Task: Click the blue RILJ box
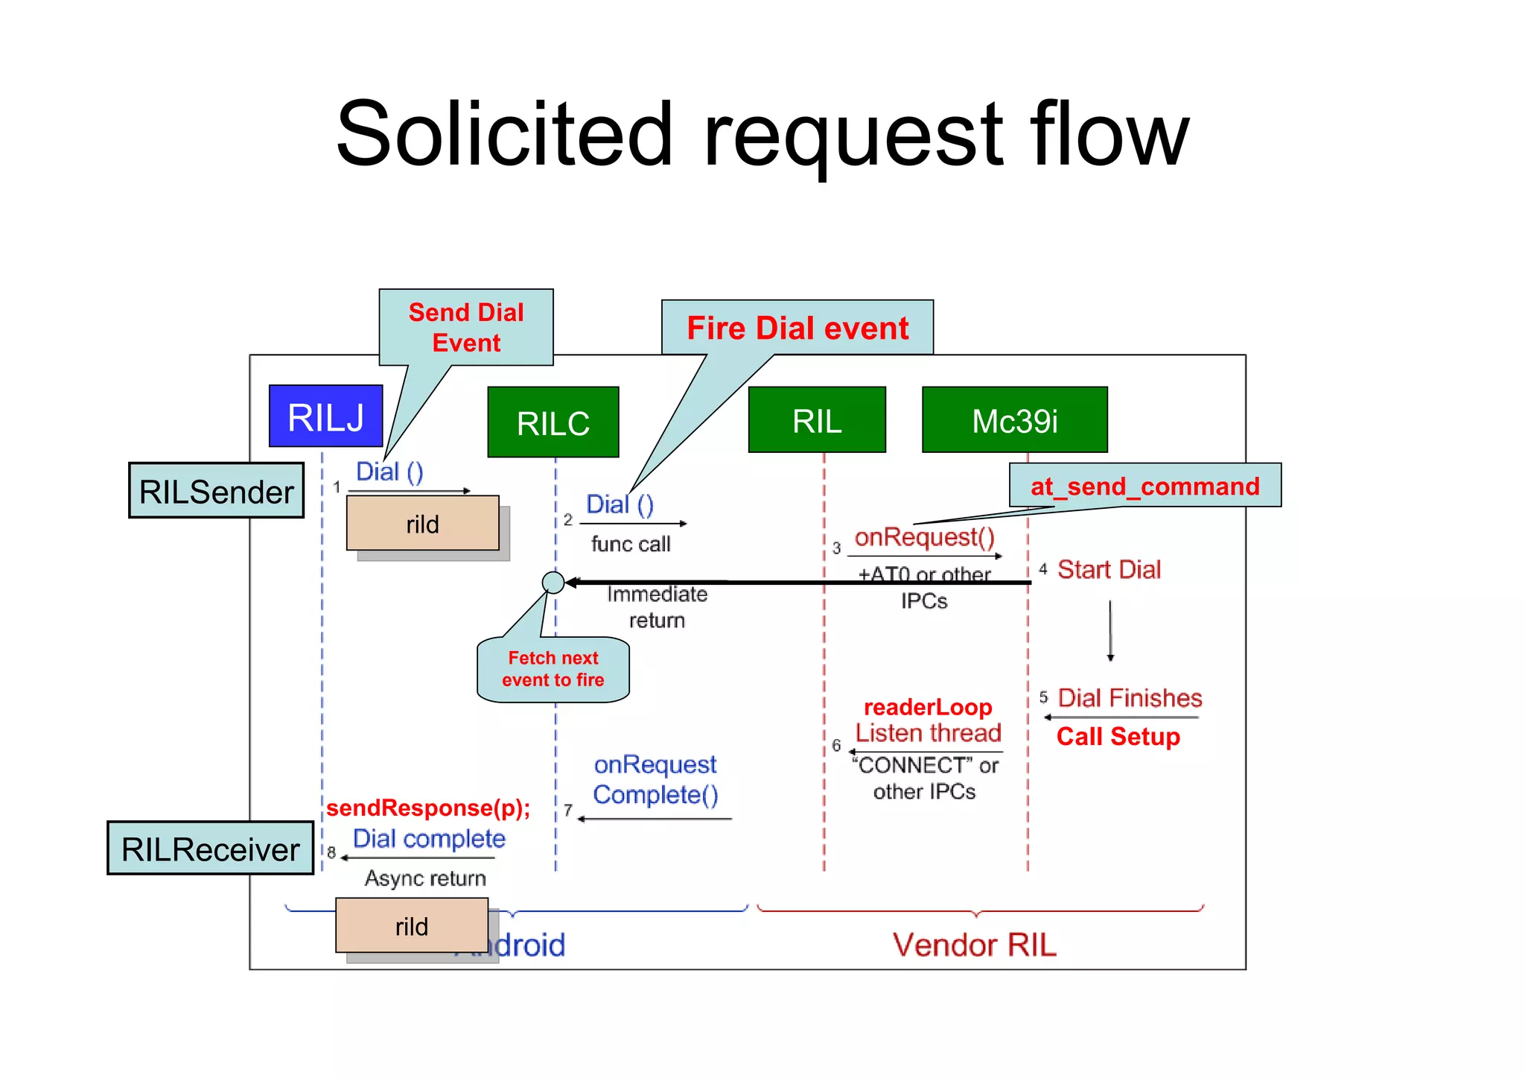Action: click(325, 416)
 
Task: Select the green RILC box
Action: click(553, 422)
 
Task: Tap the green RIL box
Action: click(817, 420)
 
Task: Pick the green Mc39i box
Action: click(1014, 420)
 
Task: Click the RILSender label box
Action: click(216, 491)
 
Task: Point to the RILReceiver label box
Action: click(210, 849)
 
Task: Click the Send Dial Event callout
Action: click(466, 327)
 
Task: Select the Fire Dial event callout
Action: click(797, 328)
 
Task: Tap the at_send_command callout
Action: click(1144, 486)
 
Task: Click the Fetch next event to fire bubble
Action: click(553, 669)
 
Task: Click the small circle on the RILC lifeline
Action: click(553, 582)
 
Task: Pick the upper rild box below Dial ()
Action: click(422, 524)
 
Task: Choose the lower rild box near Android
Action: click(411, 925)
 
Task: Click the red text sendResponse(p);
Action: click(428, 808)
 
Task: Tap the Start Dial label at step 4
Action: click(1109, 570)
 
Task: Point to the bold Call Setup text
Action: click(1118, 737)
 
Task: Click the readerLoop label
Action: click(927, 707)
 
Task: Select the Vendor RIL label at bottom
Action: click(974, 945)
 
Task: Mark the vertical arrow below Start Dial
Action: click(1110, 630)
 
